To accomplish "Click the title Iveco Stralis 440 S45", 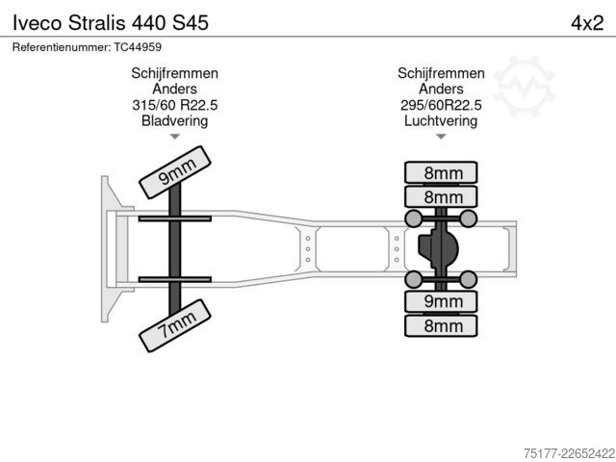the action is point(111,23).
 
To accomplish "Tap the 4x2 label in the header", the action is point(587,23).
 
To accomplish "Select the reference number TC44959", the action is point(138,47).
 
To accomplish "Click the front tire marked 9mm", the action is point(175,172).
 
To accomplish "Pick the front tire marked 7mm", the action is point(175,325).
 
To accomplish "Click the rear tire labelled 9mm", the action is point(441,301).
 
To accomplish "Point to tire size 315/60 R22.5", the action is point(175,105).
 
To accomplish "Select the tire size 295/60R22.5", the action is point(441,105).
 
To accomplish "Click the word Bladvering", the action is point(175,120).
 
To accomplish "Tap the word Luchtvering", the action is point(441,120).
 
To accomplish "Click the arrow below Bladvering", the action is point(175,137).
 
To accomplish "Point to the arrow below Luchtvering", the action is point(441,137).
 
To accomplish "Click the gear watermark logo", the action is point(524,86).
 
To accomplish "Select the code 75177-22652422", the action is point(569,453).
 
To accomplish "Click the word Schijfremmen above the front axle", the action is point(175,73).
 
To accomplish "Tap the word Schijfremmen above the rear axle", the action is point(441,73).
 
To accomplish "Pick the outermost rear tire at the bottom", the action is point(441,325).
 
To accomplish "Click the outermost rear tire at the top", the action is point(441,172).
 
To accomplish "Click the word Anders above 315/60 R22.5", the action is point(175,89).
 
